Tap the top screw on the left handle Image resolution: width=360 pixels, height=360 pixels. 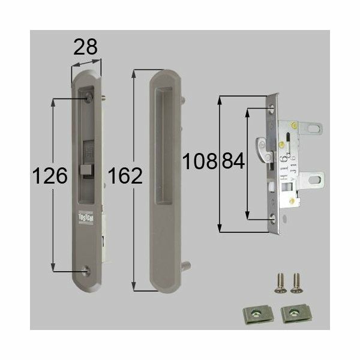coord(89,97)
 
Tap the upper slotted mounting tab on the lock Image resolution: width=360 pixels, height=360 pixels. coord(311,129)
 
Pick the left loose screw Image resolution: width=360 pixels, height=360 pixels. coord(280,283)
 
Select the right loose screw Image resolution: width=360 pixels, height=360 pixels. coord(295,283)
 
